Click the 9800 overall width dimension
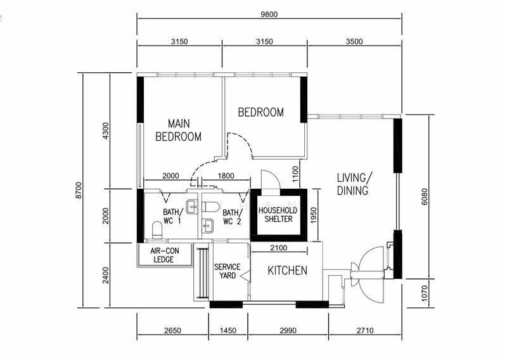point(269,15)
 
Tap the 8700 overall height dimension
point(79,191)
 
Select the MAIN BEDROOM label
point(179,130)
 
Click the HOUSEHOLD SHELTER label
point(278,214)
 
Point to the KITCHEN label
point(288,271)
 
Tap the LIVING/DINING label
point(354,184)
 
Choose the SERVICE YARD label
point(228,271)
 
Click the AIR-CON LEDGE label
point(164,255)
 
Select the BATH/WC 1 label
point(172,216)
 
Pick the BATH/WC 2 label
point(232,217)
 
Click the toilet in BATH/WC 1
point(157,230)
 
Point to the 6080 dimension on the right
point(424,196)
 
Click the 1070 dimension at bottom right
point(424,293)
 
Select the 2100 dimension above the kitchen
point(278,248)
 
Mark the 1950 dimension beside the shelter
point(312,215)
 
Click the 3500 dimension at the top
point(354,41)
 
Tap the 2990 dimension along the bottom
point(288,331)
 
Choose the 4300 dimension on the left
point(105,131)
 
